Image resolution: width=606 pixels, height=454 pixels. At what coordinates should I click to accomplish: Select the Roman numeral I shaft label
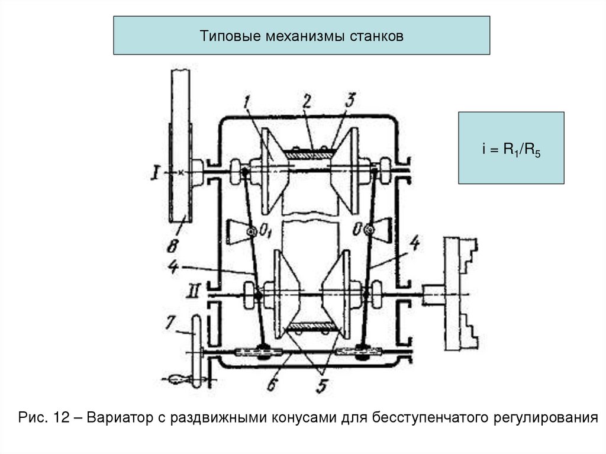pyautogui.click(x=155, y=172)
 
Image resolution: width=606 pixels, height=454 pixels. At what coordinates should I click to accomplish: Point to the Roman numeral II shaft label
pyautogui.click(x=194, y=291)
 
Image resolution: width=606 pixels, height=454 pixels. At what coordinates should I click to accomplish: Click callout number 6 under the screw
pyautogui.click(x=272, y=385)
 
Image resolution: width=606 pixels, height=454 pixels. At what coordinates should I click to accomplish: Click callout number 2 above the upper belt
pyautogui.click(x=306, y=101)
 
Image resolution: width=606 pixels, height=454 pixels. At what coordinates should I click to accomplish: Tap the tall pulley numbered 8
pyautogui.click(x=180, y=145)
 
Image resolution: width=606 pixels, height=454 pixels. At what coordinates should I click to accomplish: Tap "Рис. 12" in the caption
pyautogui.click(x=44, y=418)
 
